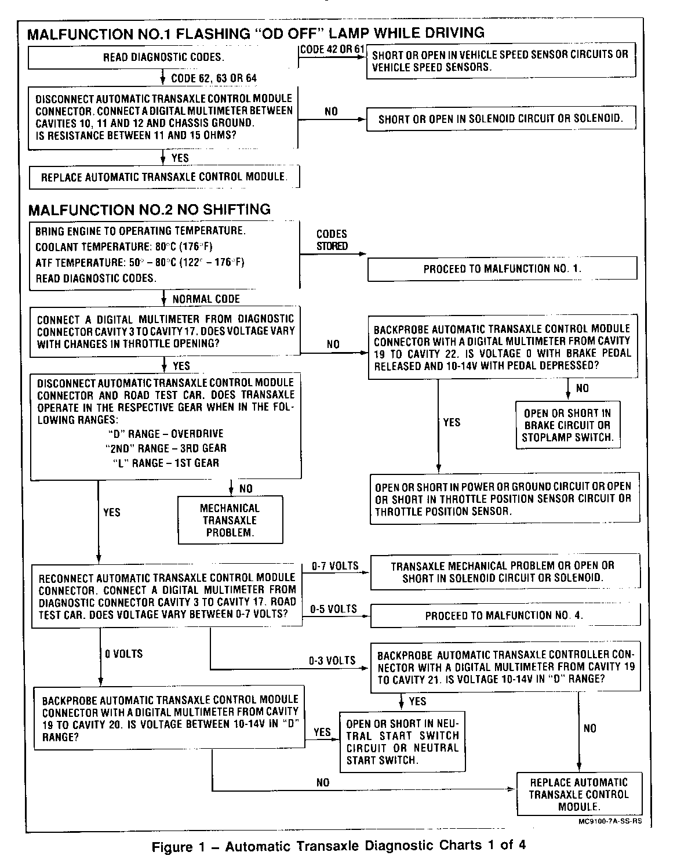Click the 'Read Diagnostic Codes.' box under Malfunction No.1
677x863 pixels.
click(164, 57)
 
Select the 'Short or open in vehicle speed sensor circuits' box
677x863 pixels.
click(500, 60)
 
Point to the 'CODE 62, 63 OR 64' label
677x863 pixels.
click(214, 78)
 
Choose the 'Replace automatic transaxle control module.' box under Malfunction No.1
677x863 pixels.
click(164, 177)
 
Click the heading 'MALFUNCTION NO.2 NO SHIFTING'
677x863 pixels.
click(149, 209)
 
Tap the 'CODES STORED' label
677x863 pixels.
click(332, 240)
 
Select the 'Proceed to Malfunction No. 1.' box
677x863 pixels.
click(502, 269)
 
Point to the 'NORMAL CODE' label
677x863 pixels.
click(206, 299)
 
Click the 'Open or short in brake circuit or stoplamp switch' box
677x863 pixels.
click(567, 425)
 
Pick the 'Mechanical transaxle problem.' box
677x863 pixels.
click(230, 520)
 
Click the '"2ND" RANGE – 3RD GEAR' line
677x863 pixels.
click(166, 448)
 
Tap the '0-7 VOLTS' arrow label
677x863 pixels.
click(334, 566)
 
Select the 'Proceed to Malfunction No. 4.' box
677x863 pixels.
click(504, 615)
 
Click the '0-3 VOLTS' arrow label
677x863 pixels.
click(332, 661)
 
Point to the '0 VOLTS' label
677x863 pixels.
click(123, 654)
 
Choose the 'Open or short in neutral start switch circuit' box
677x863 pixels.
click(402, 742)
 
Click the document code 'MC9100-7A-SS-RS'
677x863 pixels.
click(609, 821)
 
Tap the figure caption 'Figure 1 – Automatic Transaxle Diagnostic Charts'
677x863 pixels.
click(338, 846)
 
